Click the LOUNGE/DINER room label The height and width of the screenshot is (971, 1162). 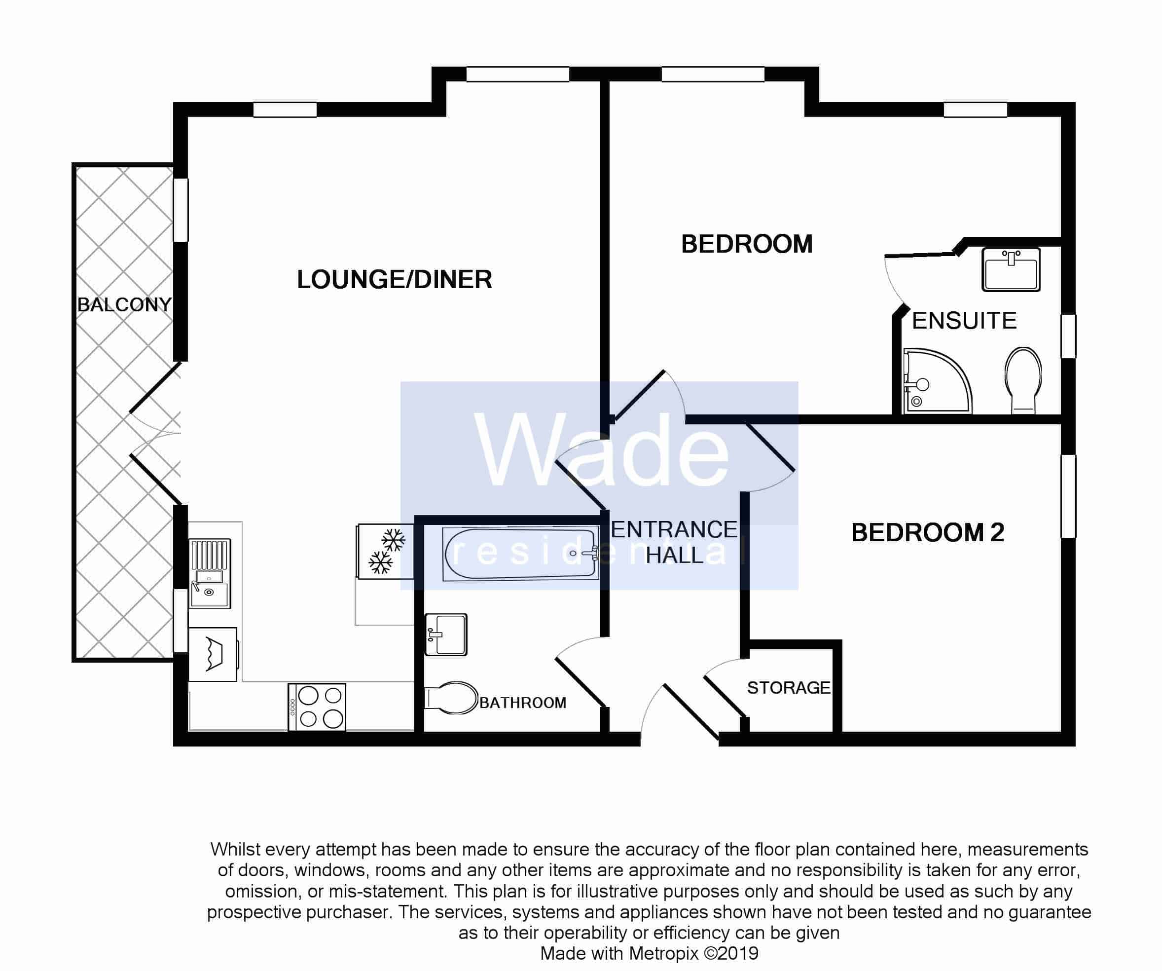point(394,280)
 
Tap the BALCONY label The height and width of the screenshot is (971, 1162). point(124,304)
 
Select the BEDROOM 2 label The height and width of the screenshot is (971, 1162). point(927,532)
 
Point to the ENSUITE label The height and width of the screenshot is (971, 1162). point(964,321)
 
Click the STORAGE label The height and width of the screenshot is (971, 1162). point(789,688)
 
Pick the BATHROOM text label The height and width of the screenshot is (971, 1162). point(522,703)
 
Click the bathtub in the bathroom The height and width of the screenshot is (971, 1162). point(520,554)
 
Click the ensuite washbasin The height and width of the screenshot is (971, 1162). point(1011,269)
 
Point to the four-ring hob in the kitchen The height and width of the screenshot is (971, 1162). point(317,707)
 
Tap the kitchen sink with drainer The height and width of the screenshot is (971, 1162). point(210,573)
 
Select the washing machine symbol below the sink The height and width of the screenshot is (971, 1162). point(214,654)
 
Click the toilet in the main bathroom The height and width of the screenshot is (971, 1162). point(451,698)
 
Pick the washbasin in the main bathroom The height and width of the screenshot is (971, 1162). point(446,635)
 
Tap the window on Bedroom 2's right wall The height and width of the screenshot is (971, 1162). point(1068,496)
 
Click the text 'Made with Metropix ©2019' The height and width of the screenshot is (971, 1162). point(649,953)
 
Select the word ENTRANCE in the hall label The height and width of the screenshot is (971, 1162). point(673,530)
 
